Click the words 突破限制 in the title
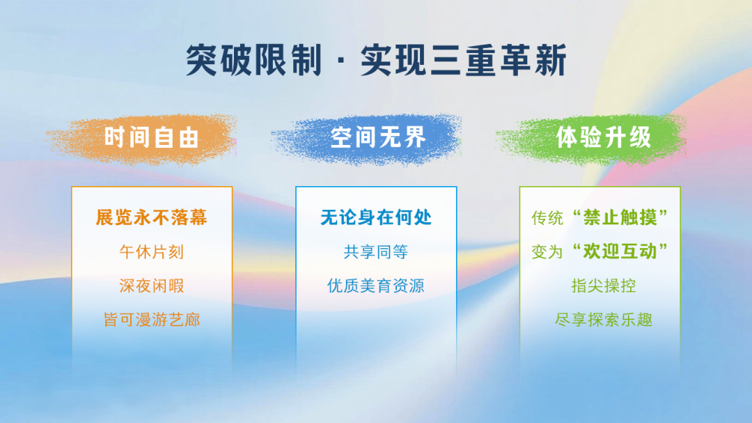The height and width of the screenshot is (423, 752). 253,60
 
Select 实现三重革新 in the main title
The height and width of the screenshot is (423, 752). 464,60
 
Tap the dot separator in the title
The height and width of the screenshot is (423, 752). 341,61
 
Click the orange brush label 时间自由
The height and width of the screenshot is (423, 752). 152,138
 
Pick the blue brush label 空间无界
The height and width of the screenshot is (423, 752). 378,138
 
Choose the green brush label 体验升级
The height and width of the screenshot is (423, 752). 603,138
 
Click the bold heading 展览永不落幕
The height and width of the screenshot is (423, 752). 152,217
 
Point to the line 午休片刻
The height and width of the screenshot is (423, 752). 152,252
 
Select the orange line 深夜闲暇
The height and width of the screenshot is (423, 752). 152,286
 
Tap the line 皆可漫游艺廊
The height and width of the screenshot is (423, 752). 152,320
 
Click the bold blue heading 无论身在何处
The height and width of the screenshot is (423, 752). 376,217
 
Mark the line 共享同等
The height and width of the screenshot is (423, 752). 376,252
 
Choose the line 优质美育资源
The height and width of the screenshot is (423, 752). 376,286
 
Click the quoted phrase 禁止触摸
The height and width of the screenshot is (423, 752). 620,217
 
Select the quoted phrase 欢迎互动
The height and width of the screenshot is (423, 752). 620,251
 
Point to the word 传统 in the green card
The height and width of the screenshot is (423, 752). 547,218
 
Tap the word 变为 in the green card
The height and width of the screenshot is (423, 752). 547,252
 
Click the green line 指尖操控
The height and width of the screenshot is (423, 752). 603,286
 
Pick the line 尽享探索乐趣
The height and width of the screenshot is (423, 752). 603,320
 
